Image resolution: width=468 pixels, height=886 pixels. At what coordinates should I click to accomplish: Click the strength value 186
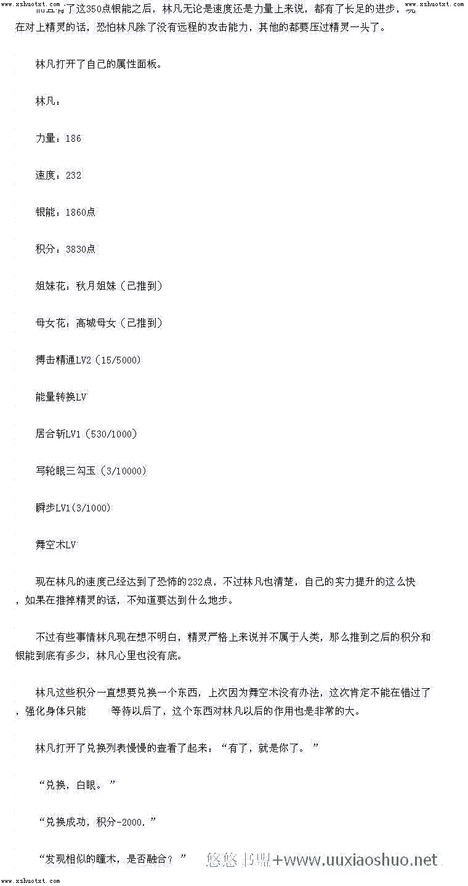73,138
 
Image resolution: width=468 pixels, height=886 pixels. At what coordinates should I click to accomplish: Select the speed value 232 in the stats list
73,175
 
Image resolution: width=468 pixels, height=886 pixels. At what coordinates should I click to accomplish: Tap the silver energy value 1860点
80,212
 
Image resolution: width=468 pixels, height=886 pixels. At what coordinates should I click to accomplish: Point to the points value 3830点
80,249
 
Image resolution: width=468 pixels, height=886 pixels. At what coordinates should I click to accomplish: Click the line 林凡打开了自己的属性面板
99,64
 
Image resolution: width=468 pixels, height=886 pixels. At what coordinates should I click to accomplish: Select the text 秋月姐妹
95,286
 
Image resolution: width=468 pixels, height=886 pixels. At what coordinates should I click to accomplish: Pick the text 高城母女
95,323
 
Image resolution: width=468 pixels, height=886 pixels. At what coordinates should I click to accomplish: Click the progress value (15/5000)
118,360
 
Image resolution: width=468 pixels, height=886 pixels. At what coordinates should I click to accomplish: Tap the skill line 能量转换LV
61,397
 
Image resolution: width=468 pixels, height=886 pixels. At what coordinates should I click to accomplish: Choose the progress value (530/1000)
111,434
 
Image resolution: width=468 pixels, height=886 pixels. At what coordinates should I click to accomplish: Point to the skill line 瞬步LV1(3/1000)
73,508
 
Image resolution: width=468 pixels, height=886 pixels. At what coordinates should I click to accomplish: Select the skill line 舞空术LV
56,545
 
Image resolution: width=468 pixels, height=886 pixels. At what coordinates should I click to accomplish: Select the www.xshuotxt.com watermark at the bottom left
30,881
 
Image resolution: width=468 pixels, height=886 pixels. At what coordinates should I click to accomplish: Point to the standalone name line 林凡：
48,101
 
